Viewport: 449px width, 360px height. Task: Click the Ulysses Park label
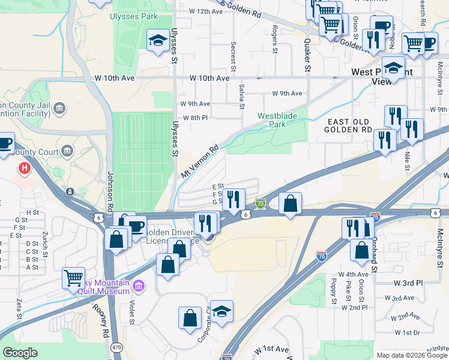tap(133, 17)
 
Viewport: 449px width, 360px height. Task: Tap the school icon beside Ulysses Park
tap(158, 41)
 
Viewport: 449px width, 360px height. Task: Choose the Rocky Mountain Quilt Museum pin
tap(139, 285)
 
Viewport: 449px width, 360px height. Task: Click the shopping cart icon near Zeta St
tap(73, 277)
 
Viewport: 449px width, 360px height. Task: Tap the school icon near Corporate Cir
tap(221, 311)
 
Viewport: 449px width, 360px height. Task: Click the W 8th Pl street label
tap(195, 118)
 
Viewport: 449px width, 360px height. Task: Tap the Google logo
tap(20, 353)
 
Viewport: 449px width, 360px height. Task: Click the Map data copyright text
tap(412, 355)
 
